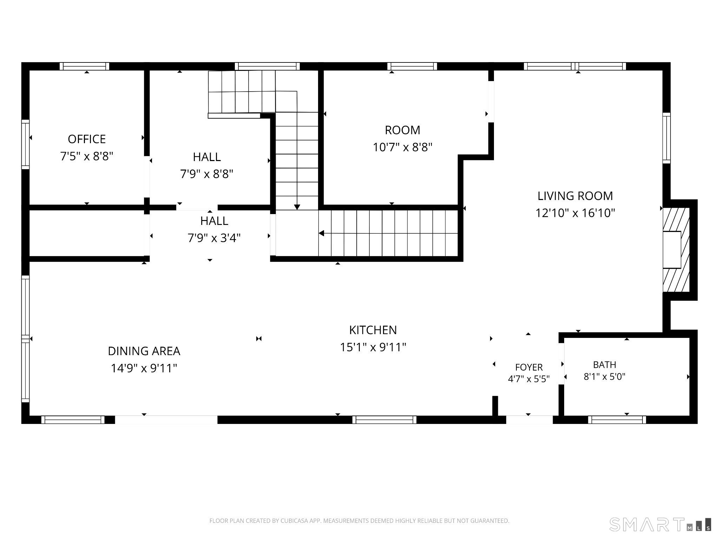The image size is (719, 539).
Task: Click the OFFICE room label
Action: (87, 139)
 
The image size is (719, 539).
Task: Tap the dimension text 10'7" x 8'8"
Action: (402, 147)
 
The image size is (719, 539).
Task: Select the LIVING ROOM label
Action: (575, 196)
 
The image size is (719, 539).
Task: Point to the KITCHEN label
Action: (373, 330)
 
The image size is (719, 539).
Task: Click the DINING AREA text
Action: (144, 351)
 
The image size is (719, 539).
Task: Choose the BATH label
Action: (605, 365)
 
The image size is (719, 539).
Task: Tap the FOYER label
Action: (529, 367)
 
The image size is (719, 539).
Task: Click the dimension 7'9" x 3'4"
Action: (214, 238)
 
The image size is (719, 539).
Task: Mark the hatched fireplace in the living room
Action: (676, 250)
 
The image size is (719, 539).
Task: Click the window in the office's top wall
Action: (84, 66)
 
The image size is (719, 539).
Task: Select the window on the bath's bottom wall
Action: (617, 420)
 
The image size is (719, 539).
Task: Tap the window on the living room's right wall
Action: (666, 138)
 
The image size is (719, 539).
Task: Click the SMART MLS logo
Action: (660, 534)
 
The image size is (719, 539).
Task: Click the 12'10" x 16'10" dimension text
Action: (575, 213)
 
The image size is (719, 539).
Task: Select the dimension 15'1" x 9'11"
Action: (373, 347)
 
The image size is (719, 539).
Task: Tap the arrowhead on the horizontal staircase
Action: (321, 233)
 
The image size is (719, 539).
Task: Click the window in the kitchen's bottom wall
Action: (384, 420)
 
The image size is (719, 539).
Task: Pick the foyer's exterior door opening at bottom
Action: (529, 420)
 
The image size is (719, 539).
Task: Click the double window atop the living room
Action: (575, 66)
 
